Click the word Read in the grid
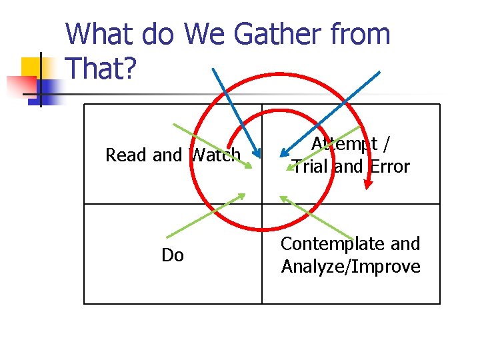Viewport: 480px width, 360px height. tap(127, 155)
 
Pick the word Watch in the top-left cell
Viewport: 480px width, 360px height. tap(215, 155)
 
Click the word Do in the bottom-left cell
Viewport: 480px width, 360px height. tap(173, 255)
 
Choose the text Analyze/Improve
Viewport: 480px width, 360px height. tap(351, 267)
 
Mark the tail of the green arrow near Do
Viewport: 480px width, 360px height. tap(166, 237)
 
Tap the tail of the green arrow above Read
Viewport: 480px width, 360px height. tap(173, 125)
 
